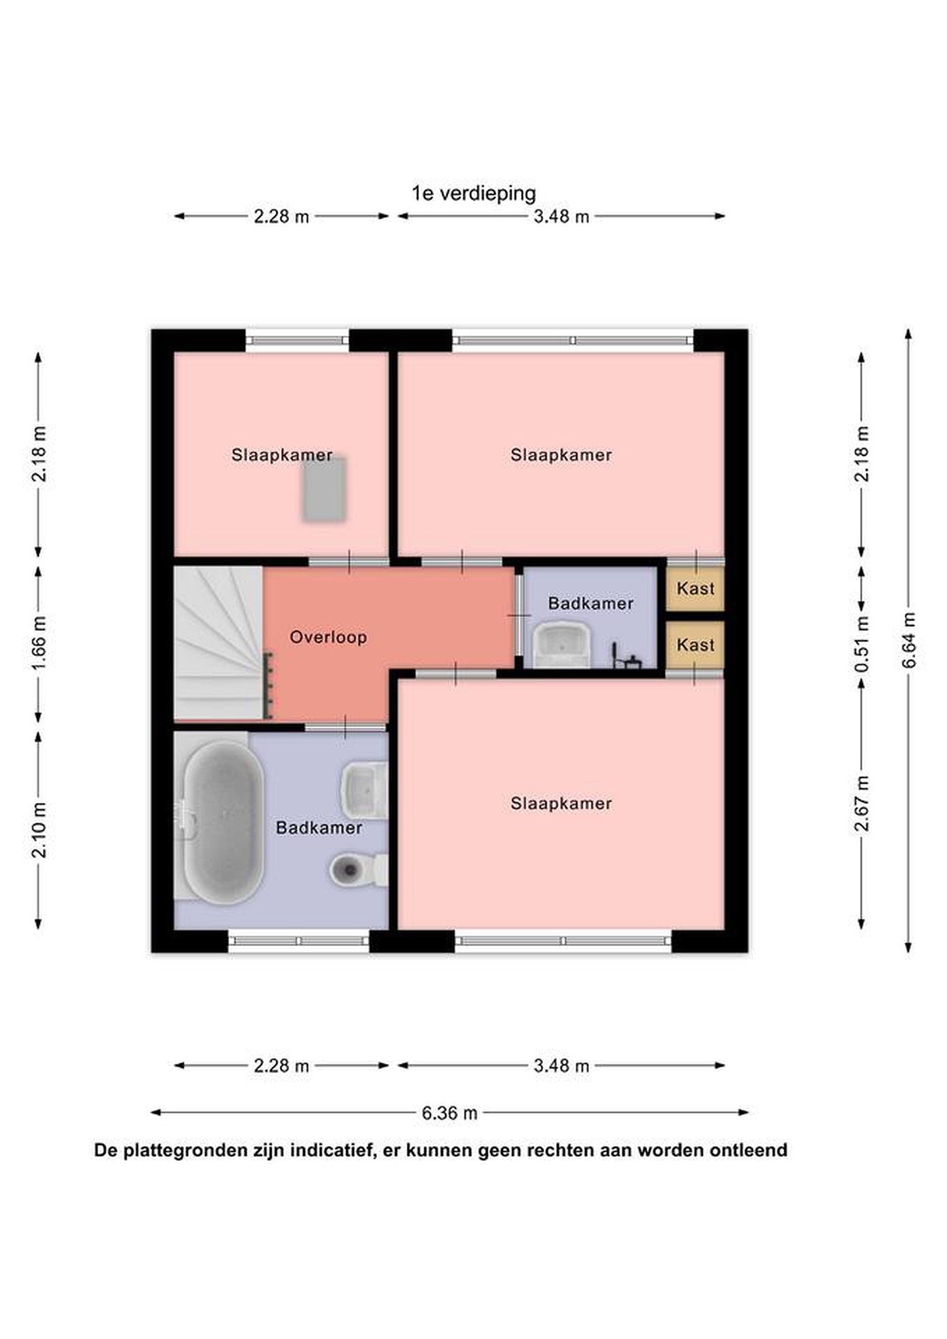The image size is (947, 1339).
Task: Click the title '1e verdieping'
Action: [x=473, y=193]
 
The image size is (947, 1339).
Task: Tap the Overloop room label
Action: [x=328, y=637]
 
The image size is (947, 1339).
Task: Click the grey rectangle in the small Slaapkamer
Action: [x=324, y=488]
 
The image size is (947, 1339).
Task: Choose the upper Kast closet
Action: [x=695, y=589]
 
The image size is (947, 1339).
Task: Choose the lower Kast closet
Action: [x=695, y=645]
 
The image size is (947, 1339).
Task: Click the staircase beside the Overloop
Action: [x=219, y=643]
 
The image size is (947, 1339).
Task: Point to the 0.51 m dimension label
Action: [x=862, y=644]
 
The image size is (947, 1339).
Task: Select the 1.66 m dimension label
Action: [x=38, y=643]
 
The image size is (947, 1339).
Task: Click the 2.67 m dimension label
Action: [x=862, y=803]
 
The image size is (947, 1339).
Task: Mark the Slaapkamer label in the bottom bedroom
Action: [x=561, y=804]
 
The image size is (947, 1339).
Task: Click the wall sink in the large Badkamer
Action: [x=364, y=791]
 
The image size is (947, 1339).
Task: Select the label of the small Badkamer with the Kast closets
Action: [x=591, y=603]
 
